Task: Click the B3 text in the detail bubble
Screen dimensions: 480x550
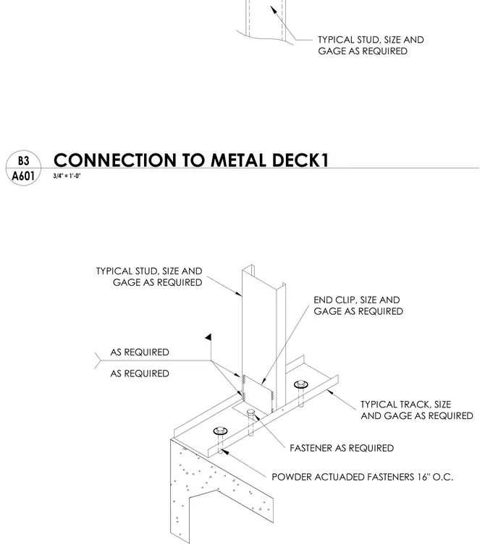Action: (x=23, y=161)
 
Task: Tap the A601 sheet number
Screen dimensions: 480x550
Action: (x=23, y=175)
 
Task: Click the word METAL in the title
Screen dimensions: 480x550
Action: (x=238, y=161)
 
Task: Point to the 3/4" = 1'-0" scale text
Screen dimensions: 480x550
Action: (x=67, y=176)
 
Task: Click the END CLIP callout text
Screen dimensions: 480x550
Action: (x=358, y=305)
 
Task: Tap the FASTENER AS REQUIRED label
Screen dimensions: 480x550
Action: (x=342, y=448)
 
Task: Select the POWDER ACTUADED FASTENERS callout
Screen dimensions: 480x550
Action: (x=363, y=477)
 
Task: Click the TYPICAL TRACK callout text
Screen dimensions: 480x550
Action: (x=417, y=410)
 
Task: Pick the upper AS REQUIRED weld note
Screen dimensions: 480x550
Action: (x=140, y=352)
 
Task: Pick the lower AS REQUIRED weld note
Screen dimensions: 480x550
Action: (x=140, y=373)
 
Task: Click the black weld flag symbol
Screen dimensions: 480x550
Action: (x=209, y=337)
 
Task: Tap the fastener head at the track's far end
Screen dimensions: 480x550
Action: (x=301, y=384)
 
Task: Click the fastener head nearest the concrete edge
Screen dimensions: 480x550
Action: (x=220, y=431)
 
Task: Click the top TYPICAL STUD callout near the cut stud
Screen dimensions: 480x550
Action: (x=371, y=46)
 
